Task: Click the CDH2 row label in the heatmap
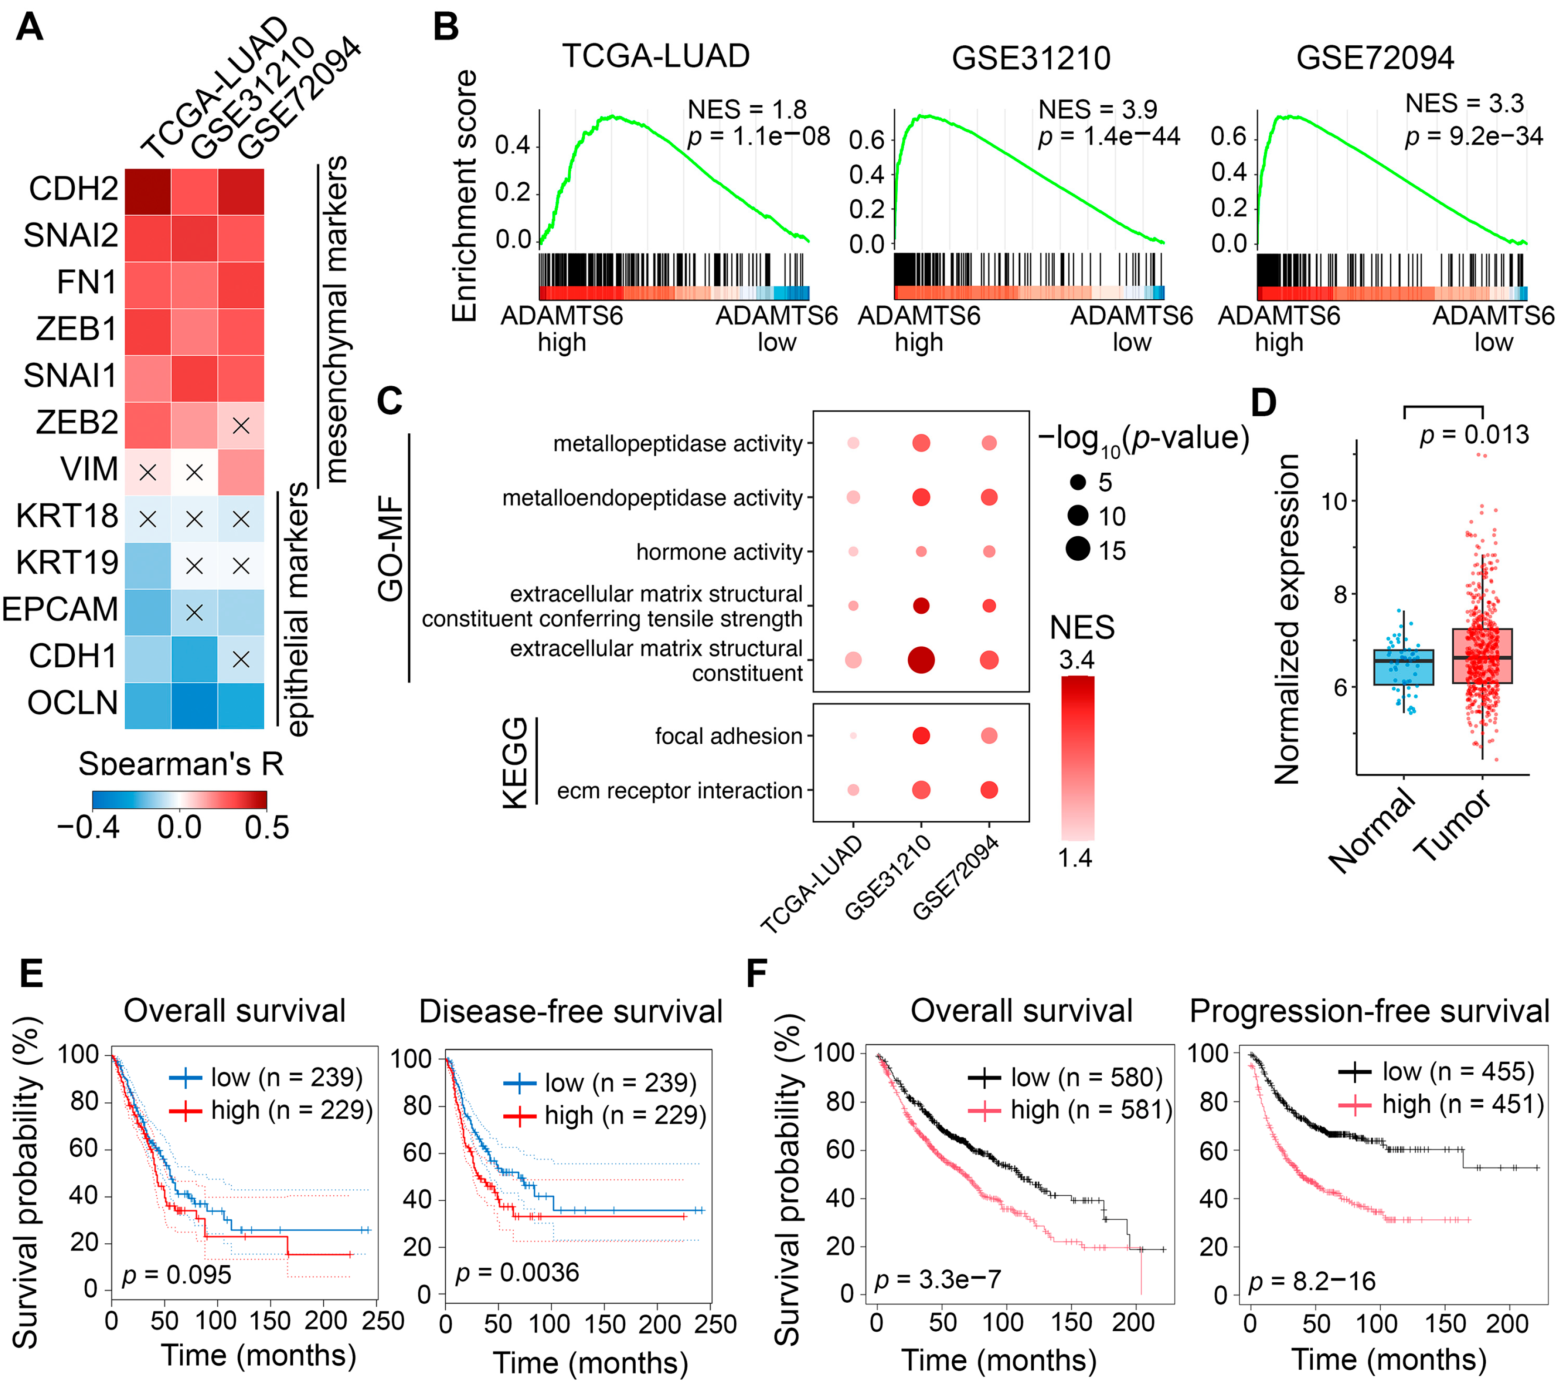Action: point(73,189)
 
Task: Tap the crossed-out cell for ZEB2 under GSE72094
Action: point(241,426)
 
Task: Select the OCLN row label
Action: point(73,703)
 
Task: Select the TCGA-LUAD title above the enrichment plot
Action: point(656,56)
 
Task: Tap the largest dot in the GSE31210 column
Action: point(920,660)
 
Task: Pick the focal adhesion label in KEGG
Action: point(728,736)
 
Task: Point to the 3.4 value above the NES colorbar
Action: point(1076,660)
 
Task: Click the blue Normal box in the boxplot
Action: point(1403,667)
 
